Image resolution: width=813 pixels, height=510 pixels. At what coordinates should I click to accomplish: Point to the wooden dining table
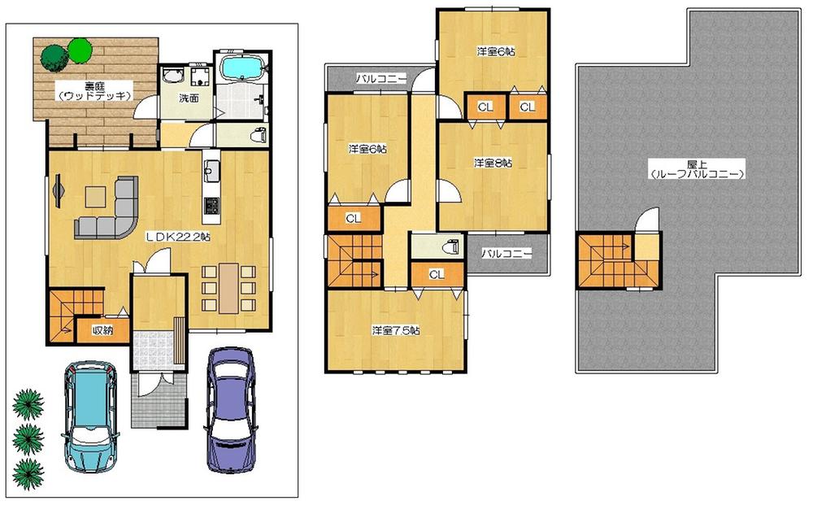click(x=228, y=288)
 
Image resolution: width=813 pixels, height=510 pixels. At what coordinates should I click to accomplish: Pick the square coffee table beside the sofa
click(x=95, y=196)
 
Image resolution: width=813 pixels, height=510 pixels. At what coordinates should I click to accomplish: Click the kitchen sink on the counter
click(x=211, y=172)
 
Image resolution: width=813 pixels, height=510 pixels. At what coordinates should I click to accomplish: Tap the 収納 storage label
click(x=102, y=330)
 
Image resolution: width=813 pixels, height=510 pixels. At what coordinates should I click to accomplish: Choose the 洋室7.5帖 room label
click(x=396, y=330)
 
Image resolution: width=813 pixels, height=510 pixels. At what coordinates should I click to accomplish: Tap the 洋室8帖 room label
click(x=493, y=163)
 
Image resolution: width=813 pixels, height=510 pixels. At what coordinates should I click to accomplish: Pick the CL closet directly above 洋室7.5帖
click(x=437, y=274)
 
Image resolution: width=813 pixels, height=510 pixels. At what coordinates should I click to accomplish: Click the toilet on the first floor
click(x=258, y=134)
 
